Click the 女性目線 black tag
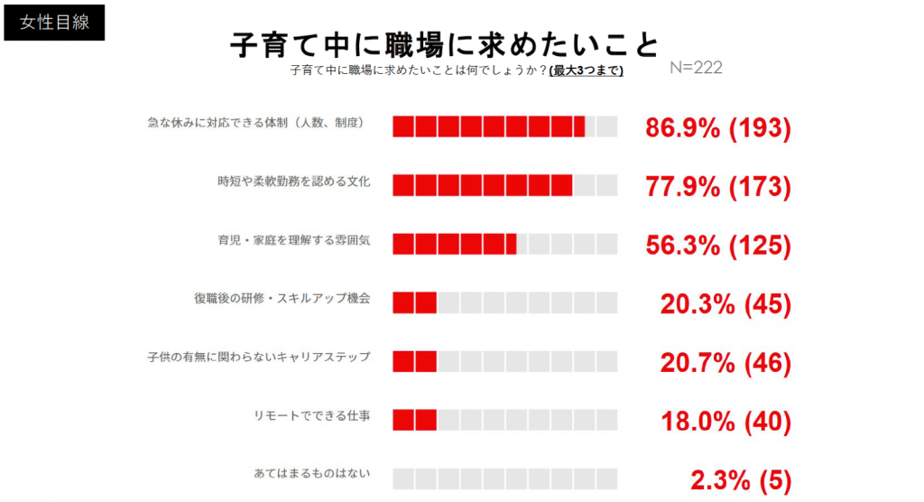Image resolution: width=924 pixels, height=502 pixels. click(54, 23)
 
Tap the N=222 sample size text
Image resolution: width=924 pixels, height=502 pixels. click(697, 69)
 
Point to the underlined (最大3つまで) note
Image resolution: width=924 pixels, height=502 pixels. click(586, 70)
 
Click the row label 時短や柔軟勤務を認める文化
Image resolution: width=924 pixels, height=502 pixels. click(293, 181)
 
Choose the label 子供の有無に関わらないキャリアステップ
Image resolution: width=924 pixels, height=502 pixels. click(259, 357)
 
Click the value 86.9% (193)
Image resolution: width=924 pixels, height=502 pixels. click(718, 128)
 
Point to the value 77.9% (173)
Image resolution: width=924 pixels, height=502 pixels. click(718, 187)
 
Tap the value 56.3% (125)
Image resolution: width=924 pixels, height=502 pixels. click(718, 246)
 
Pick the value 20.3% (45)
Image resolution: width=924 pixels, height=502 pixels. click(725, 305)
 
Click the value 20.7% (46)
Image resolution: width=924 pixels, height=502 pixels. click(725, 363)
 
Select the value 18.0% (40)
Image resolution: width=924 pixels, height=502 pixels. click(725, 422)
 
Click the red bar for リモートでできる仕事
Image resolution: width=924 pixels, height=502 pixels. click(415, 420)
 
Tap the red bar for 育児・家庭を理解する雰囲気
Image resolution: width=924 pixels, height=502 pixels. click(454, 244)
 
